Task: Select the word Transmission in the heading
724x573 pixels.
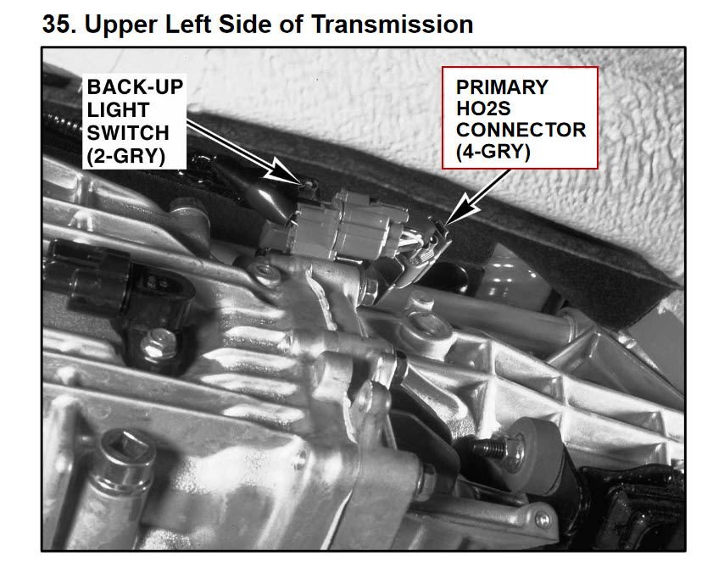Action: pos(392,24)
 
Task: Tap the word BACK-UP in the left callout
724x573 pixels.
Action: pos(135,87)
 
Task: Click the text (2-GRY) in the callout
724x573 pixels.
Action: pos(125,156)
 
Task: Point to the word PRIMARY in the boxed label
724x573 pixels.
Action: pos(502,87)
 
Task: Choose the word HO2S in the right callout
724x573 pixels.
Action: pos(483,108)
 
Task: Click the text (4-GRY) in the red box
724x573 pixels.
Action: pos(493,152)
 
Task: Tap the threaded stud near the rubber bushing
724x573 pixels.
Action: pos(490,447)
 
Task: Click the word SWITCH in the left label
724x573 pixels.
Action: pos(128,133)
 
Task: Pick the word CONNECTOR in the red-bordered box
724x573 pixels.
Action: pos(521,130)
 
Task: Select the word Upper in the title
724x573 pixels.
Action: pos(121,25)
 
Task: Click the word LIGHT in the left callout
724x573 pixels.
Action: pos(118,110)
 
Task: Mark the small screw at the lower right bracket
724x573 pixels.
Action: pos(542,519)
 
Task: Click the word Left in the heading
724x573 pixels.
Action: pos(187,24)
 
